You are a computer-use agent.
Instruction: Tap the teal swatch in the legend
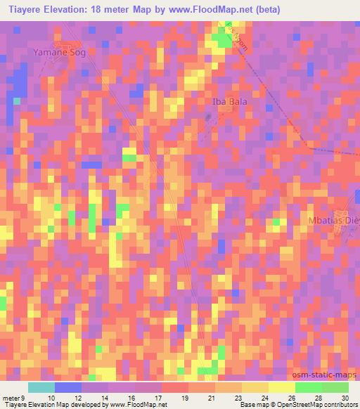[41, 387]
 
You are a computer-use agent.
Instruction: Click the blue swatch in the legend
[67, 387]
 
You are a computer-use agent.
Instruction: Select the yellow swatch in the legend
[281, 387]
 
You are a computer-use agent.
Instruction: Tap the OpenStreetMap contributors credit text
[318, 405]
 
